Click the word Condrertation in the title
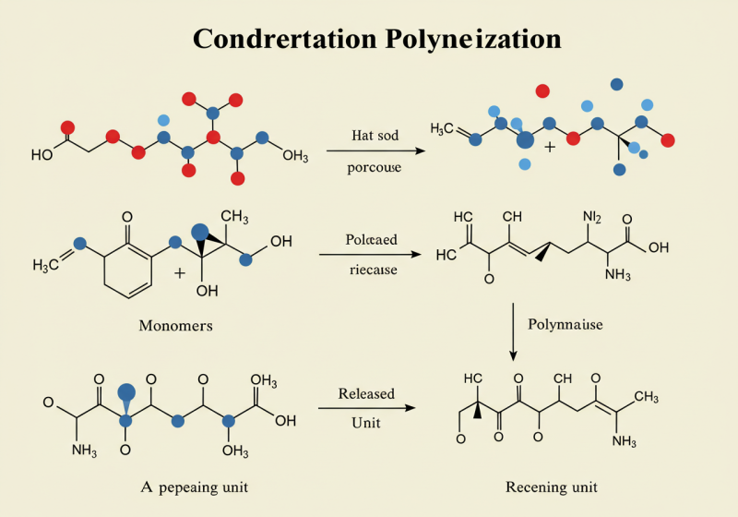coord(282,40)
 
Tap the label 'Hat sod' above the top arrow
coord(375,136)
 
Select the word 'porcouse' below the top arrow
coord(373,168)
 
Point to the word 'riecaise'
coord(373,271)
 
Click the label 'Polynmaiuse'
coord(565,324)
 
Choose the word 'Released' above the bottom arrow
coord(366,393)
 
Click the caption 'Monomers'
coord(175,325)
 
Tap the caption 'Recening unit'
coord(552,487)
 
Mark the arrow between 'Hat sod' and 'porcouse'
coord(373,150)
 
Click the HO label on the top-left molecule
coord(42,155)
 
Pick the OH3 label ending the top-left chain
coord(294,155)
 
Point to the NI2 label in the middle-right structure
coord(591,217)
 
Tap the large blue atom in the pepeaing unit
coord(127,394)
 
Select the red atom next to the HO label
coord(66,128)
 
